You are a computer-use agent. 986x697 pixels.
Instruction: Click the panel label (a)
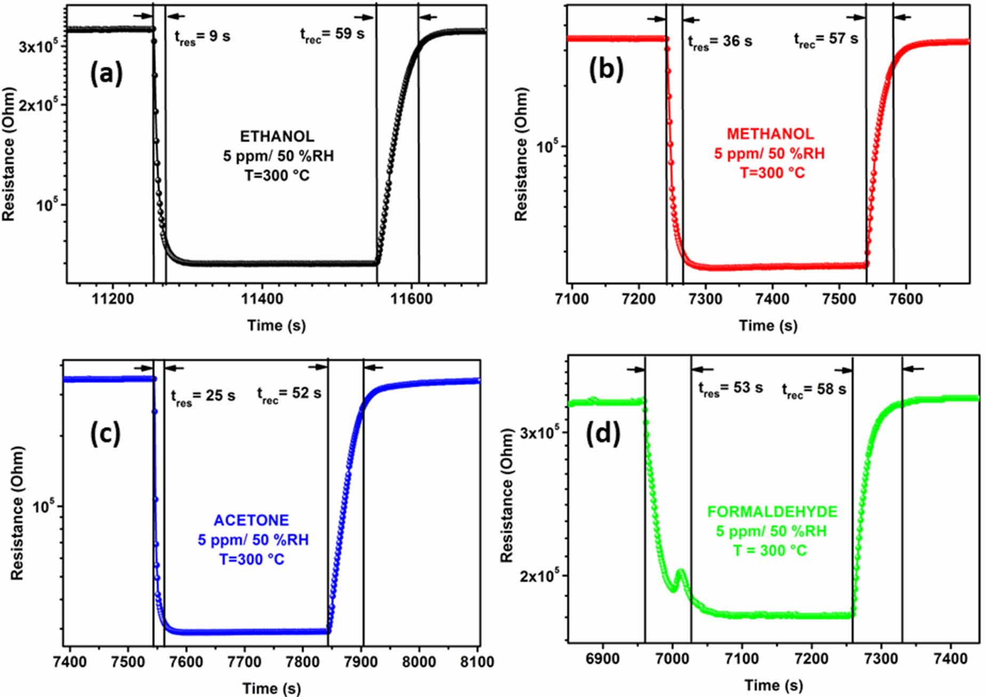click(x=106, y=73)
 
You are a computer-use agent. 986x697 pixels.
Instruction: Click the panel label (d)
click(x=603, y=434)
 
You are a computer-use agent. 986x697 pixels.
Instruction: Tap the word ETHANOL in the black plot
click(x=277, y=136)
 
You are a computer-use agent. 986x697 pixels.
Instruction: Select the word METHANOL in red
click(x=770, y=134)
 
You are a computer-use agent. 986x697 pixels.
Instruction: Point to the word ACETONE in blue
click(x=251, y=520)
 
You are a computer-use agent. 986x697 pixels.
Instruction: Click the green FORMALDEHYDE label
click(x=772, y=512)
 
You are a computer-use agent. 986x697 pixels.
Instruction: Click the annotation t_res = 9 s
click(x=202, y=37)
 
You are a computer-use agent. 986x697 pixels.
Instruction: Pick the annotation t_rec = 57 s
click(x=826, y=39)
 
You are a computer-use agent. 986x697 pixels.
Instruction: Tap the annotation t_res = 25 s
click(x=203, y=396)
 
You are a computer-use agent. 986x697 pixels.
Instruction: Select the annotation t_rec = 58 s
click(x=813, y=390)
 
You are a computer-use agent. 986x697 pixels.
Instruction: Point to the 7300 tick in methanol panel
click(x=705, y=299)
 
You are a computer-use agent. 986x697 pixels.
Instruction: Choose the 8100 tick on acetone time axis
click(x=476, y=661)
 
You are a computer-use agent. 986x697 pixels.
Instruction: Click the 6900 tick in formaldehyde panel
click(x=602, y=659)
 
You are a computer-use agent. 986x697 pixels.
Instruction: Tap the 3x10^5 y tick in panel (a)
click(x=38, y=47)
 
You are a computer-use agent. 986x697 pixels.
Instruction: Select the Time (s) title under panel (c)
click(x=271, y=688)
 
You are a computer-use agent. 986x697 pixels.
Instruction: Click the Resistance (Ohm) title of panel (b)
click(x=521, y=154)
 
